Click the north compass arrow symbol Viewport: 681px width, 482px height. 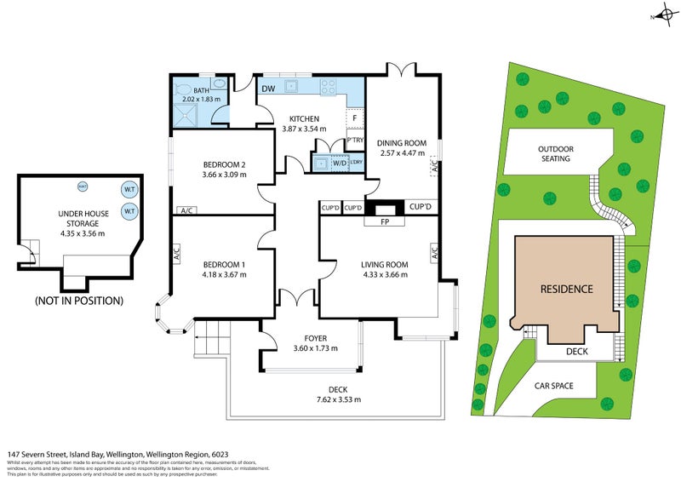point(659,16)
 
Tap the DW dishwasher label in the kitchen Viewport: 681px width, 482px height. point(267,89)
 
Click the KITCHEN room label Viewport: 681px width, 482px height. point(304,118)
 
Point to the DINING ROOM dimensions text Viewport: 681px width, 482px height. point(401,153)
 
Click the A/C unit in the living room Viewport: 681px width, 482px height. point(434,252)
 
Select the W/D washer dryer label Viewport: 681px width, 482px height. point(339,163)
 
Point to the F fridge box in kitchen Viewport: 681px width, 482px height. point(355,119)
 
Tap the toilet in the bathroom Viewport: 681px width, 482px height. point(183,88)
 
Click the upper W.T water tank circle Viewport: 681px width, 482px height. point(129,189)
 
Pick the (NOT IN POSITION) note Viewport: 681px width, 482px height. point(78,301)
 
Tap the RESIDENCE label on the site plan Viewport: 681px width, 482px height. point(567,289)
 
